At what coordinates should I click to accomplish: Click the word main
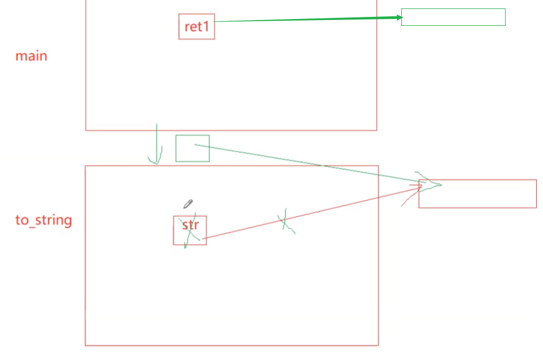pyautogui.click(x=31, y=56)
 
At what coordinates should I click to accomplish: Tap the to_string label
pyautogui.click(x=43, y=220)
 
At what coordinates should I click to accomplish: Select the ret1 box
pyautogui.click(x=197, y=26)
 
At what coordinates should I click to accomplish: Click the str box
pyautogui.click(x=190, y=230)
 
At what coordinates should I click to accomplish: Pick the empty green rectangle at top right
pyautogui.click(x=453, y=17)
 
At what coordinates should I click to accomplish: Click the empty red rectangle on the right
pyautogui.click(x=477, y=194)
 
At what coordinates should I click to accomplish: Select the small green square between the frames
pyautogui.click(x=192, y=148)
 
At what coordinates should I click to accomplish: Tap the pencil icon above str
pyautogui.click(x=188, y=204)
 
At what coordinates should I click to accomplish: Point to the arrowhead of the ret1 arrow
pyautogui.click(x=398, y=17)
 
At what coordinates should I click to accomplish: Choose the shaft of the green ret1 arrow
pyautogui.click(x=306, y=20)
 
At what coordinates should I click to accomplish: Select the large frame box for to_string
pyautogui.click(x=231, y=295)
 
